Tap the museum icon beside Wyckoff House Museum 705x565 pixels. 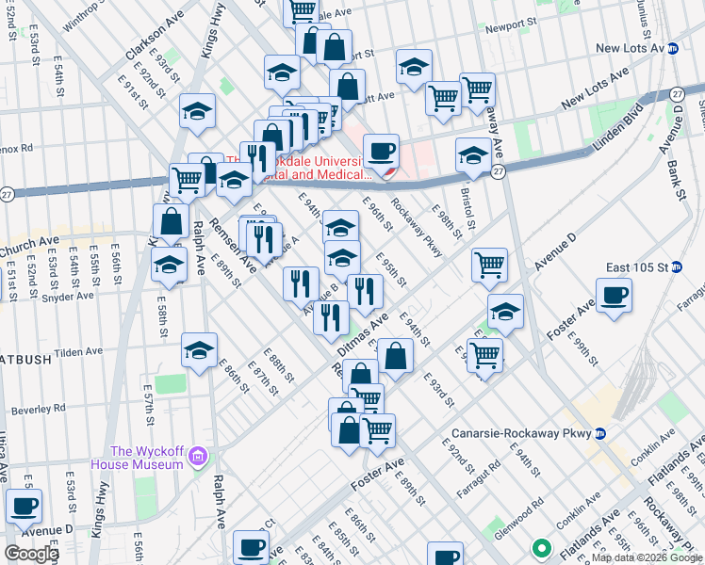click(197, 458)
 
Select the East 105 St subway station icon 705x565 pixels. click(675, 266)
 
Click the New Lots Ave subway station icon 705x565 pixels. click(673, 48)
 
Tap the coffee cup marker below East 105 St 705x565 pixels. click(614, 295)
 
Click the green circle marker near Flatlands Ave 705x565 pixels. click(542, 546)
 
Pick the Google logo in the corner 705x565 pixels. click(31, 554)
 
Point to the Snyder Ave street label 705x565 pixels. click(68, 297)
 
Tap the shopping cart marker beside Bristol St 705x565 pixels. click(489, 266)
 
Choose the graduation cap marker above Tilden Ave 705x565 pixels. click(199, 350)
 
